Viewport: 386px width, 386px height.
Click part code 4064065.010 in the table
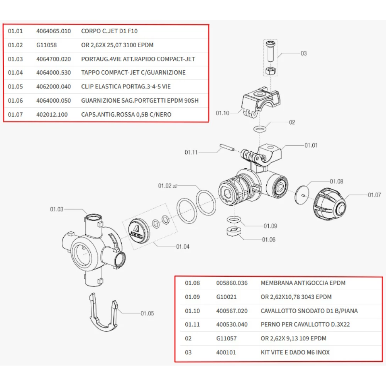coord(53,31)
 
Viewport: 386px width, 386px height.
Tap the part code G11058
coord(46,45)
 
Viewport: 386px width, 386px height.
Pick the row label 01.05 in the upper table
coord(15,87)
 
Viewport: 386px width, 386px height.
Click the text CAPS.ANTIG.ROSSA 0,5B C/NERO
coord(126,115)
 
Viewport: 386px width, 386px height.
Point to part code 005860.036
coord(232,283)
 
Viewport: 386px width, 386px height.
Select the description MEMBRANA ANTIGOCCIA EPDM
coord(303,283)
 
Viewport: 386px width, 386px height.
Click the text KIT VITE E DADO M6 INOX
coord(295,352)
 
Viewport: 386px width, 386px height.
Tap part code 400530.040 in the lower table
coord(232,325)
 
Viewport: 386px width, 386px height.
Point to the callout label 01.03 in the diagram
coord(56,210)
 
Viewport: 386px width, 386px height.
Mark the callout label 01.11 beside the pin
coord(191,152)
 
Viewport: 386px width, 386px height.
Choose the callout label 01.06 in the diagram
coord(269,240)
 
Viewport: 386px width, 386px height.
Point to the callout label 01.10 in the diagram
coord(222,113)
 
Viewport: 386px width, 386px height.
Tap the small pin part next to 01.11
coord(227,148)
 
